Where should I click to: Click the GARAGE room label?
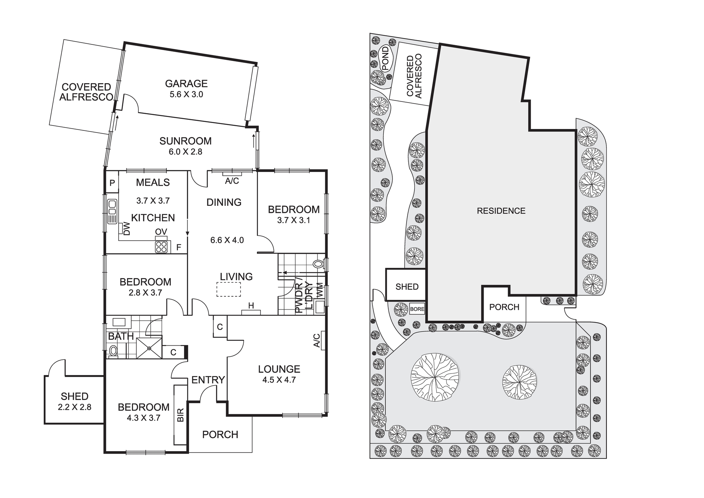pyautogui.click(x=186, y=84)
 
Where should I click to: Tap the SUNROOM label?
pyautogui.click(x=186, y=141)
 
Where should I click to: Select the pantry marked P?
pyautogui.click(x=112, y=183)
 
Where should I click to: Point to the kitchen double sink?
pyautogui.click(x=112, y=211)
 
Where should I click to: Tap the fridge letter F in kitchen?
pyautogui.click(x=178, y=247)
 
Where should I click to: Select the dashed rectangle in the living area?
pyautogui.click(x=229, y=290)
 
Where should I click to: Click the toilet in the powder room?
pyautogui.click(x=318, y=264)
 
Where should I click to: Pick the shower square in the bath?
pyautogui.click(x=149, y=348)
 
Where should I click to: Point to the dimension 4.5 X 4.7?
pyautogui.click(x=279, y=380)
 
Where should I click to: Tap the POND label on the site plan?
pyautogui.click(x=385, y=59)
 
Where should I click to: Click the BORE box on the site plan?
pyautogui.click(x=417, y=309)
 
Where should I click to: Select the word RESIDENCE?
pyautogui.click(x=501, y=211)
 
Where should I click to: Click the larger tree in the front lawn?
pyautogui.click(x=435, y=377)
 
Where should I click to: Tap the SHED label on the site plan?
pyautogui.click(x=407, y=287)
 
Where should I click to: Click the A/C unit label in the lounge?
pyautogui.click(x=317, y=340)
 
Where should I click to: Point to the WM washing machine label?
pyautogui.click(x=320, y=290)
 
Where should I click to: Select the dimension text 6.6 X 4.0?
pyautogui.click(x=227, y=240)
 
